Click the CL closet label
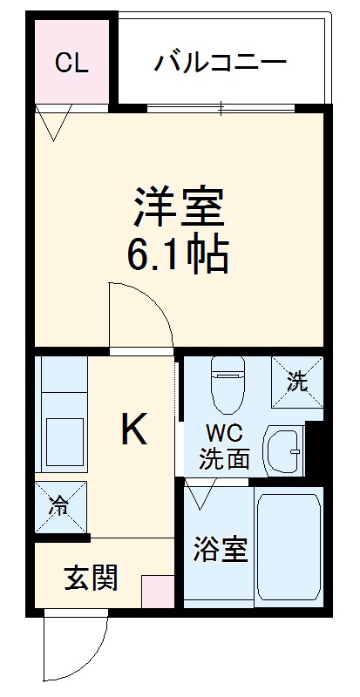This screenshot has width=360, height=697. [x=71, y=63]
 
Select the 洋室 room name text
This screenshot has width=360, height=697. [x=180, y=206]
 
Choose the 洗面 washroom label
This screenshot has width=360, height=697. [x=225, y=459]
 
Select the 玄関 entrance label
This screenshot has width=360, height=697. [x=91, y=577]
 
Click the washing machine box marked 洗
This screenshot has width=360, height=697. [x=297, y=382]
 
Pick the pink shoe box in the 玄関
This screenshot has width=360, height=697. [x=158, y=591]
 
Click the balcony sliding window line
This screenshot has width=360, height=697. [x=221, y=108]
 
